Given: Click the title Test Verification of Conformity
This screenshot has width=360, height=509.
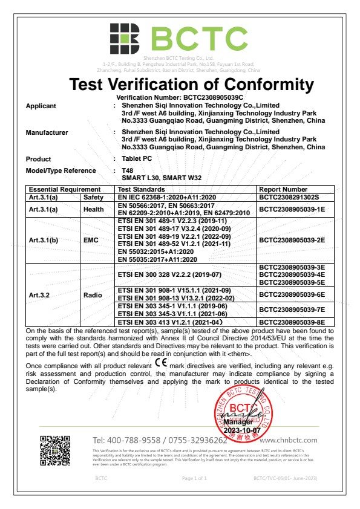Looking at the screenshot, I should pos(192,84).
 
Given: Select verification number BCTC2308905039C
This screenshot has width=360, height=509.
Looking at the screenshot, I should pos(180,97).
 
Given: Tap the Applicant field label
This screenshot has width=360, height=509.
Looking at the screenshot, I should pos(41,106).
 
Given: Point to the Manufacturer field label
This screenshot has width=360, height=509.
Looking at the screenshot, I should pos(47,132).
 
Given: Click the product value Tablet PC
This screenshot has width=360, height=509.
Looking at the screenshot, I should pos(136,159).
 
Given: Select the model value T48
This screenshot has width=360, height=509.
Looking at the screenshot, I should pos(127,170).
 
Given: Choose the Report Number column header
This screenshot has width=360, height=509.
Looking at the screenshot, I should pos(283,190).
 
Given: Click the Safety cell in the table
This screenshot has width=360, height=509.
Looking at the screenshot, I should pos(94,197).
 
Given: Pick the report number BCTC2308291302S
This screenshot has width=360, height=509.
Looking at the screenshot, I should pos(289,197).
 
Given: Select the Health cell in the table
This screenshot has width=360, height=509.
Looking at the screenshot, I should pos(94,209).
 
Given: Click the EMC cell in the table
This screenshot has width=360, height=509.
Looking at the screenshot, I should pos(94,240).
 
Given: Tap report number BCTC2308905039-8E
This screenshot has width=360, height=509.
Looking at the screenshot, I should pos(292,322).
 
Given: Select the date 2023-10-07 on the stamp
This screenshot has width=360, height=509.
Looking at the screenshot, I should pos(241,430).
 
